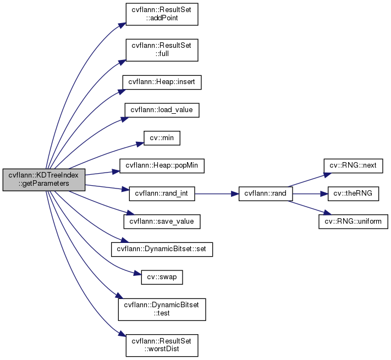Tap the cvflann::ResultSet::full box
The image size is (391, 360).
point(162,49)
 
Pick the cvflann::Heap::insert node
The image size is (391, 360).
point(162,82)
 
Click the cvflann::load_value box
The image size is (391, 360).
point(162,109)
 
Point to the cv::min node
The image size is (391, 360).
point(162,137)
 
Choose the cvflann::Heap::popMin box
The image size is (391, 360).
point(162,165)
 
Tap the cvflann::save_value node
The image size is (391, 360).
point(162,221)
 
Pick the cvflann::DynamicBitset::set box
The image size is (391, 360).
point(162,249)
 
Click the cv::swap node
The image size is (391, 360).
point(162,277)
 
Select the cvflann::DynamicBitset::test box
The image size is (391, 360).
point(162,309)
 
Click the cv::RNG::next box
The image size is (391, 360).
point(353,165)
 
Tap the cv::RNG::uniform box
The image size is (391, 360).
point(353,221)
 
